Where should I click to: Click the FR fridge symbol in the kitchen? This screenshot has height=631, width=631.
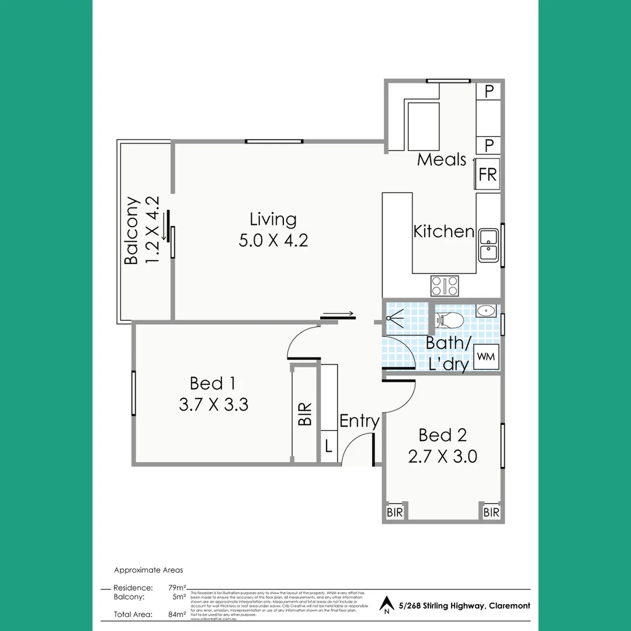pos(488,174)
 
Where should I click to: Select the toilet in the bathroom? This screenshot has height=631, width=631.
pos(450,320)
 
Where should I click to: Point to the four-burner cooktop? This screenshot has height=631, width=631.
pos(445,286)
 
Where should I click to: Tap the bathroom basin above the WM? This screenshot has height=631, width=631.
pos(485,311)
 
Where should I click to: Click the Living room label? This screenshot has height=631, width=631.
pos(273,220)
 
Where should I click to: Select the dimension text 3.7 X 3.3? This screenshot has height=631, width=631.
pos(213,404)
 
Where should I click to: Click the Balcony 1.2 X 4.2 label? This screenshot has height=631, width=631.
pos(141,231)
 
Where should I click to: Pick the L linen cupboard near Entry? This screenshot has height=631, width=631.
pos(328,447)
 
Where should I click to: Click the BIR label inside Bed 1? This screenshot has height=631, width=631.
pos(305,414)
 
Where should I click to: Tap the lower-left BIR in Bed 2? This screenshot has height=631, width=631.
pos(394,512)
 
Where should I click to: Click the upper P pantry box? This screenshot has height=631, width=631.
pos(489,91)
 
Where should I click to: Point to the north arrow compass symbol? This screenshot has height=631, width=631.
pos(386,604)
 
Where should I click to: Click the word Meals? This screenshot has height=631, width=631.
pos(442,160)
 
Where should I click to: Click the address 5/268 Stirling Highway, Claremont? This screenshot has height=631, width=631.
pos(464,606)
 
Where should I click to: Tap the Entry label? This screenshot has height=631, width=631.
pos(359,421)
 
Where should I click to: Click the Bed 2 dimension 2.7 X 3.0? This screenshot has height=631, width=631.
pos(442,456)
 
